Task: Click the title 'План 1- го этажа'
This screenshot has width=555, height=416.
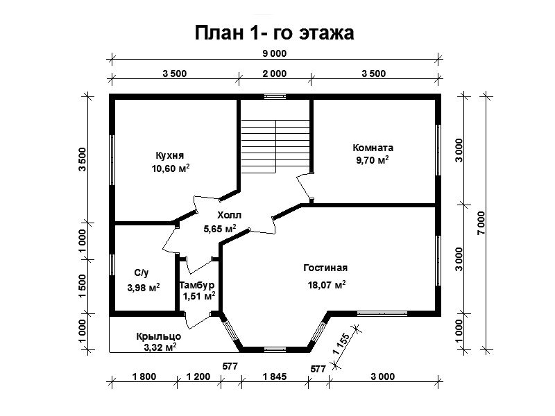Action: click(x=274, y=33)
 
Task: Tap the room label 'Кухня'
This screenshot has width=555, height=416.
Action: click(x=170, y=155)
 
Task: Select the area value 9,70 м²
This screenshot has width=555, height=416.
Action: click(x=373, y=160)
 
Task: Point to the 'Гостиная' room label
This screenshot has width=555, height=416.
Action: click(x=325, y=268)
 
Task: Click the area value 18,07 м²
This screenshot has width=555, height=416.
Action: click(x=327, y=284)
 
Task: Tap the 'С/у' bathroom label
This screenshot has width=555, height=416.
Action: click(x=142, y=272)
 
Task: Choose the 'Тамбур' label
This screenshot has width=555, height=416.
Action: click(x=197, y=285)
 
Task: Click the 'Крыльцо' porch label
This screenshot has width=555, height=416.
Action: click(x=159, y=336)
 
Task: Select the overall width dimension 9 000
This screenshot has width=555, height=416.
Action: click(x=274, y=54)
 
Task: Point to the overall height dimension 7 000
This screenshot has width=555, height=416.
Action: click(x=481, y=223)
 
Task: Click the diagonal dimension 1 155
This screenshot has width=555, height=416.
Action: click(x=341, y=344)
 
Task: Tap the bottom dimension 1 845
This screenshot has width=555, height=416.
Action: click(x=274, y=376)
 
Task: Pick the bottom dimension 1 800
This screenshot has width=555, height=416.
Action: click(x=144, y=376)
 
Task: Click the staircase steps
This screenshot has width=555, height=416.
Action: click(x=275, y=146)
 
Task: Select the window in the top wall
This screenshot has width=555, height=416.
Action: click(x=275, y=96)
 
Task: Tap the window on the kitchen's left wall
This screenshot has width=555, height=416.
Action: click(x=112, y=160)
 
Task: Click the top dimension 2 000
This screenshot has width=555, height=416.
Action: click(x=274, y=73)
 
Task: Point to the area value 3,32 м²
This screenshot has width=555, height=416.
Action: click(x=160, y=347)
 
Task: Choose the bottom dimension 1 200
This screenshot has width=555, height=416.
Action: click(x=198, y=376)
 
